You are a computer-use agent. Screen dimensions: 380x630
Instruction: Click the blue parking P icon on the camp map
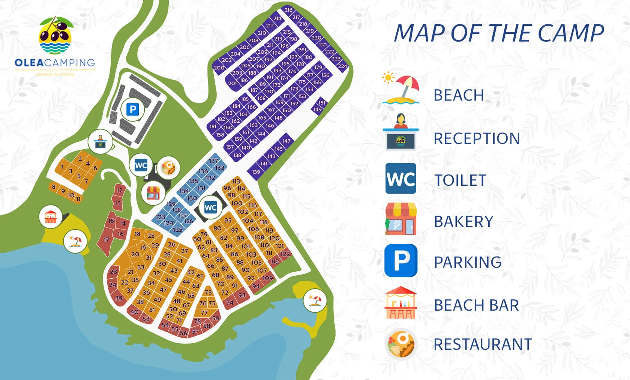click(132, 110)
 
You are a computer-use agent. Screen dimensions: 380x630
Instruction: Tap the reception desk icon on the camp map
click(100, 141)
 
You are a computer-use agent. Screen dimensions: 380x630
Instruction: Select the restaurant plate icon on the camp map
click(168, 167)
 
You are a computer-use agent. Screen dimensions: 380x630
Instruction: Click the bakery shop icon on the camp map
click(153, 193)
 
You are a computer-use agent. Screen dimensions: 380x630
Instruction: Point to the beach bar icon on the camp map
click(50, 216)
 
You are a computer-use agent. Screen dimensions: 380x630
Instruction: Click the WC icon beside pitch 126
click(210, 207)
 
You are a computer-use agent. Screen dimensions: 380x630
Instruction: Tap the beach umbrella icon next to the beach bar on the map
click(75, 241)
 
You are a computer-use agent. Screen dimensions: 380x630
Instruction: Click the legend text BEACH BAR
click(476, 305)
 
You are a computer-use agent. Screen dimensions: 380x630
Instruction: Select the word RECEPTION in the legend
click(477, 138)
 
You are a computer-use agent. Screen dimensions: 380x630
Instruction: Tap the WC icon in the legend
click(400, 179)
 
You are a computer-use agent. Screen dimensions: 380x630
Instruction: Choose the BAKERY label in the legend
click(463, 222)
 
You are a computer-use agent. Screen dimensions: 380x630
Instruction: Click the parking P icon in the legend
click(401, 261)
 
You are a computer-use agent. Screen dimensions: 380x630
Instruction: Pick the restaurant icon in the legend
click(400, 344)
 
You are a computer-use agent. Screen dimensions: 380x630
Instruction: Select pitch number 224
click(342, 66)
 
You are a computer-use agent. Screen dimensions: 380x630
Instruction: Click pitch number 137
click(214, 161)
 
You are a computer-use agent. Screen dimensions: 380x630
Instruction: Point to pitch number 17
click(106, 240)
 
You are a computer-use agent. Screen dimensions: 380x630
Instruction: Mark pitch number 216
click(288, 10)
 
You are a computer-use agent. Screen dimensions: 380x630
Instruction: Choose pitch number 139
click(256, 172)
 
